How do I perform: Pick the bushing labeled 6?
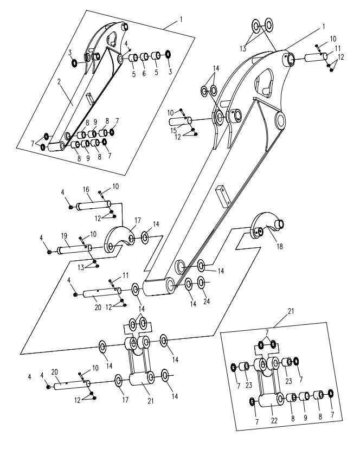[145, 57]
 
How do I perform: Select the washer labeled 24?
[201, 283]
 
